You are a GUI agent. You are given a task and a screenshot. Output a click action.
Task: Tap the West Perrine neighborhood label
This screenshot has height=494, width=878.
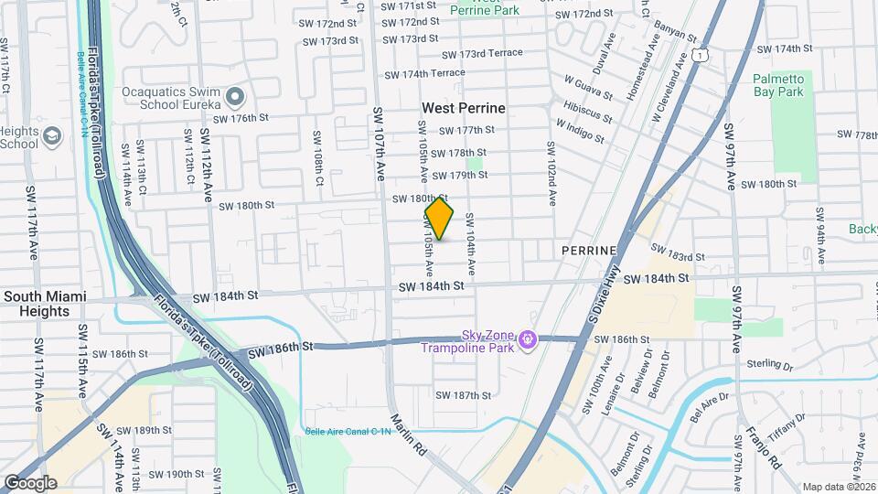point(463,108)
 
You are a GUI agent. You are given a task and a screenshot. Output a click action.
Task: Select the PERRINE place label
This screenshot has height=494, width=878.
point(590,250)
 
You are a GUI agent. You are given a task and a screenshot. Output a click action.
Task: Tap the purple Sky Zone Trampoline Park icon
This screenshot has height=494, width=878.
point(527,340)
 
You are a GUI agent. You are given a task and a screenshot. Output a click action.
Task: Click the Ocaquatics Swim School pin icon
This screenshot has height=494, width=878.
point(235,96)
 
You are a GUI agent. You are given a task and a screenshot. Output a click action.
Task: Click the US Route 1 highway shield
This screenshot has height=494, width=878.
point(700,57)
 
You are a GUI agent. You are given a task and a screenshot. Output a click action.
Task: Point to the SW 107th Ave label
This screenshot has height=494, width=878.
point(377,143)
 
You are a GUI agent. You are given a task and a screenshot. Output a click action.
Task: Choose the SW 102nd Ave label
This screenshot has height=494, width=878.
point(551,173)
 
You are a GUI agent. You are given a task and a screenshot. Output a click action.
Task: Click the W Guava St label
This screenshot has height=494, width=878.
point(588,90)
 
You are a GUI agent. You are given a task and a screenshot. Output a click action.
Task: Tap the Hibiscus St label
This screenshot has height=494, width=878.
point(587,112)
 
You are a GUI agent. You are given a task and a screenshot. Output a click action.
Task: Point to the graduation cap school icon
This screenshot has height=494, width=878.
point(52,136)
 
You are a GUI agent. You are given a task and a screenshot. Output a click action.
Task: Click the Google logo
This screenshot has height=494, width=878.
point(30,483)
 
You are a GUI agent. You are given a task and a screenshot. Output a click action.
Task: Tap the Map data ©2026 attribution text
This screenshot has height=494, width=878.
point(839,487)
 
